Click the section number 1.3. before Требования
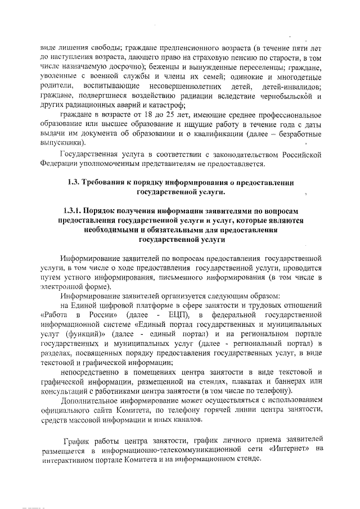pyautogui.click(x=74, y=183)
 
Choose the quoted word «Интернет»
pyautogui.click(x=287, y=448)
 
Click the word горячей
pyautogui.click(x=213, y=410)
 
